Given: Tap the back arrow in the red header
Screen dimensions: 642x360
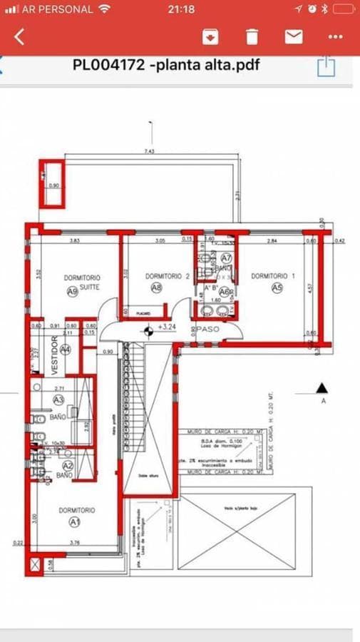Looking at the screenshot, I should point(19,36).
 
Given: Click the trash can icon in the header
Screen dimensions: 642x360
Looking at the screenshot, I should point(252,36).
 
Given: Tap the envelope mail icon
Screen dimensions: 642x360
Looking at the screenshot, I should point(294,36).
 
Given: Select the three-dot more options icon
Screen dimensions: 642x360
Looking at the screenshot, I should point(335,36).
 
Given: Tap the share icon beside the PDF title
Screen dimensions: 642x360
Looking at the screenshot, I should point(326,66).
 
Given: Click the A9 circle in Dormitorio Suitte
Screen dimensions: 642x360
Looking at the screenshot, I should point(72,290).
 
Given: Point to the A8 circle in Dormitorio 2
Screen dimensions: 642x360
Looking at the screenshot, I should point(156,287).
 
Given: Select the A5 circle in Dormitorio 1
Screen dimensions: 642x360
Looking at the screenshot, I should point(277,287).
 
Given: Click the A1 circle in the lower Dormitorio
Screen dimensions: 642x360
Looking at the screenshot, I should point(73,521).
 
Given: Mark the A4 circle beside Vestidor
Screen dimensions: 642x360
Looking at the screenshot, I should point(66,349).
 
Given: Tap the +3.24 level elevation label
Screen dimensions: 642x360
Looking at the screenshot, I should point(167,327).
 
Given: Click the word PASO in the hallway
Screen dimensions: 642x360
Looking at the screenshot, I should point(208,330).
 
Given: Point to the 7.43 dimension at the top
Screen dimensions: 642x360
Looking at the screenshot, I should point(149,151).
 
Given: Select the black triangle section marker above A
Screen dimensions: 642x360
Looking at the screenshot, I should point(322,388).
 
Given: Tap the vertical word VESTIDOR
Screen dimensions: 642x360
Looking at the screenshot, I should point(53,355).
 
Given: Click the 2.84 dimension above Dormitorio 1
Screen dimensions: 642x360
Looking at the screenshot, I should point(272,241).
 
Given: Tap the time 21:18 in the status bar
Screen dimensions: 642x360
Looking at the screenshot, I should point(180,9).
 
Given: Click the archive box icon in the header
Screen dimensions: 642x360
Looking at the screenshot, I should point(210,36).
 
